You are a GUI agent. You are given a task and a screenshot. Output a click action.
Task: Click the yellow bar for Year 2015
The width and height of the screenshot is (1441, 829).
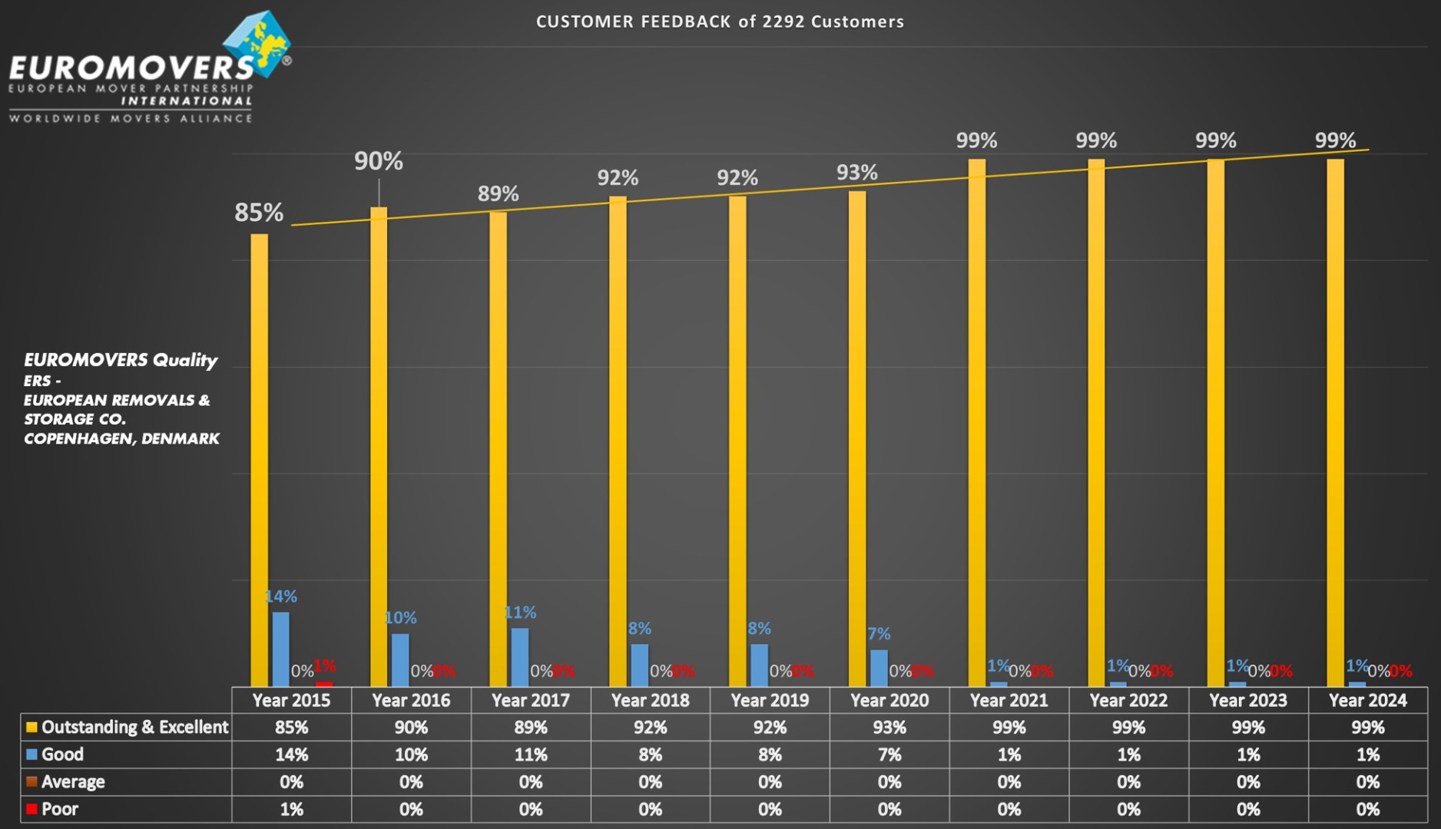pos(260,461)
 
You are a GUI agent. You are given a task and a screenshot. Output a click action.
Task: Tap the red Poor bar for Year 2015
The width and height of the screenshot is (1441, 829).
pos(324,683)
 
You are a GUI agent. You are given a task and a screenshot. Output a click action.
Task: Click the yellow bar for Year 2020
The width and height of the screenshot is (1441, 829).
pos(857,438)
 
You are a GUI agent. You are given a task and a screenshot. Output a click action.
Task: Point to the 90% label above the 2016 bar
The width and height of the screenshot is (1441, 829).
pos(378,161)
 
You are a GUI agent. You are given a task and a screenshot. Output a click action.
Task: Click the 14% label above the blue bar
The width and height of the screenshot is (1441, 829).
pos(281,596)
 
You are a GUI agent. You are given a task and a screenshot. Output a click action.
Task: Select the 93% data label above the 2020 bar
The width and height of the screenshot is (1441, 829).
pos(856,173)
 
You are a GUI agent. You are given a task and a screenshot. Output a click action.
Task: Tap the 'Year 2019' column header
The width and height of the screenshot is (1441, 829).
pos(770,700)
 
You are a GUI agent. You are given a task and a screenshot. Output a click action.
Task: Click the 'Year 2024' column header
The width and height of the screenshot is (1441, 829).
pos(1367,700)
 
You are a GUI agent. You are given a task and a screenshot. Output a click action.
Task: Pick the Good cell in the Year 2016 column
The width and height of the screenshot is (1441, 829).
pos(411,755)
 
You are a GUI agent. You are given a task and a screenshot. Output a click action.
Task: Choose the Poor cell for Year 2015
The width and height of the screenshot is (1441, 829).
pos(291,809)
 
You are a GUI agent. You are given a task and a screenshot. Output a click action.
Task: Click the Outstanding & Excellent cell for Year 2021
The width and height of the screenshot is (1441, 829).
pos(1009,727)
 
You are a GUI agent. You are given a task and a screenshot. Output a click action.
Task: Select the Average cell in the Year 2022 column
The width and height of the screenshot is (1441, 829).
pos(1128,782)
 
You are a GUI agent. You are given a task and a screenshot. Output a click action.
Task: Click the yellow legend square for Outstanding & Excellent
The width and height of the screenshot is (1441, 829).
pos(31,727)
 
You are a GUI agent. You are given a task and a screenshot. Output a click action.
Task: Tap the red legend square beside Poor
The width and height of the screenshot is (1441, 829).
pos(31,809)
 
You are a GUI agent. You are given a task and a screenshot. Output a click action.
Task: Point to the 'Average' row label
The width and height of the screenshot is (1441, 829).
pos(73,782)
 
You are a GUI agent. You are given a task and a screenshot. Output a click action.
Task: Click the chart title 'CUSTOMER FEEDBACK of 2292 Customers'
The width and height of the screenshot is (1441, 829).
pos(720,21)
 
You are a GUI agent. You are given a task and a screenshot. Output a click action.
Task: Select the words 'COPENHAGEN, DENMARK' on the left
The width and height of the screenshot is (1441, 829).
pos(121,439)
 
